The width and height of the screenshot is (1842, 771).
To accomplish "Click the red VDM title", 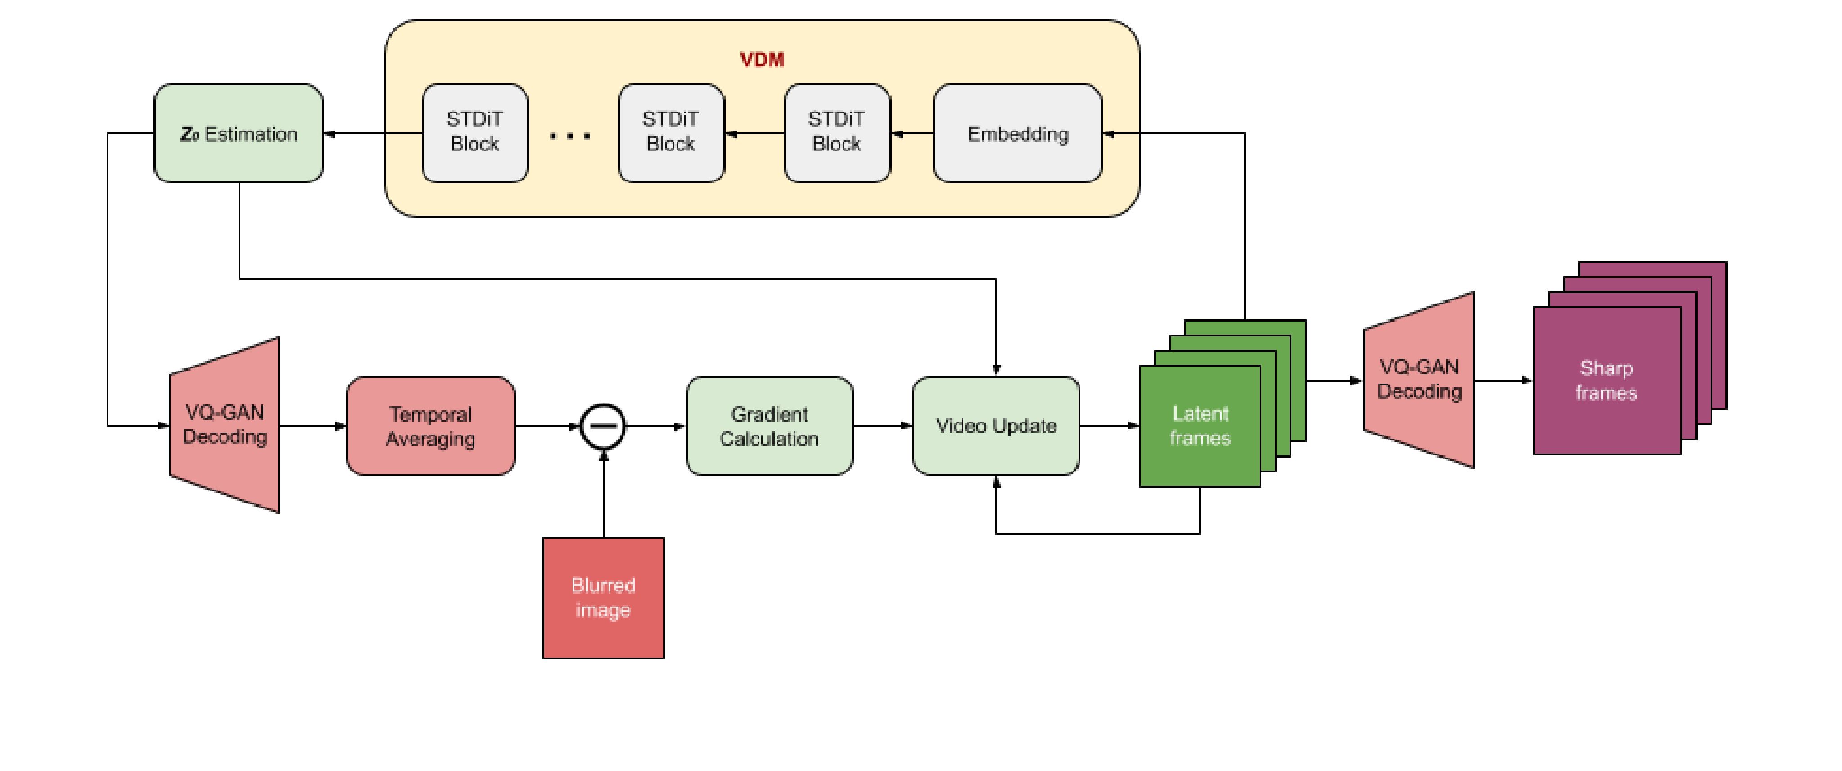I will [x=762, y=59].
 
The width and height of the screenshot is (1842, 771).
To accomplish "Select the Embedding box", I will [x=1017, y=134].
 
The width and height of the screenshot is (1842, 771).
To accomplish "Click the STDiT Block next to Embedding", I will [x=837, y=132].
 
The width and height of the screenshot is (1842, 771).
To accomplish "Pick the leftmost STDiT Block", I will [x=475, y=132].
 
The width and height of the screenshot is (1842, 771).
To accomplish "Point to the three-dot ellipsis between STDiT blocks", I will [x=570, y=135].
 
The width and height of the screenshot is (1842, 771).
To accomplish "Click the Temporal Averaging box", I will [x=430, y=426].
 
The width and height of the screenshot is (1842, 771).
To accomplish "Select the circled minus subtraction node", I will [x=603, y=426].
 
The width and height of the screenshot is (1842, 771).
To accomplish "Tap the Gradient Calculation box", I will [x=769, y=426].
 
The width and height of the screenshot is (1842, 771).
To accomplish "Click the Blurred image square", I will [x=603, y=598].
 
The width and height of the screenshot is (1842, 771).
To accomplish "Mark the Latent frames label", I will [x=1200, y=426].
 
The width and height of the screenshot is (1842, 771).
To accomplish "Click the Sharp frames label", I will [x=1607, y=381].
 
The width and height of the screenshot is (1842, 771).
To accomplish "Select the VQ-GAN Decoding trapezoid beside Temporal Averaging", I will [x=225, y=425].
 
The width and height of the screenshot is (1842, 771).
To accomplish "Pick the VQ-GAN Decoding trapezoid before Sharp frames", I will [x=1419, y=380].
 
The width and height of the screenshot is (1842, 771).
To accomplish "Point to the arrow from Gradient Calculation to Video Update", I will [x=882, y=426].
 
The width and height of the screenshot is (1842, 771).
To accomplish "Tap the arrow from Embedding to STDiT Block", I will [x=912, y=134].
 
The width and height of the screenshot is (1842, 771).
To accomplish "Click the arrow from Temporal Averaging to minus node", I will [x=547, y=426].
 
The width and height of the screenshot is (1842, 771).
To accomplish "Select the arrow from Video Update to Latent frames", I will [x=1108, y=426].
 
